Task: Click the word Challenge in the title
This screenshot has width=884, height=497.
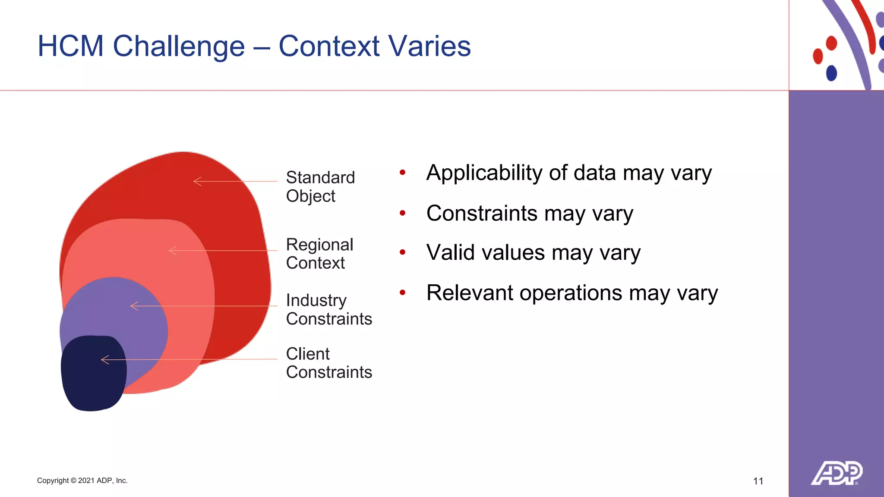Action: [178, 47]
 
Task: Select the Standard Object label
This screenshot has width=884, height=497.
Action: [320, 186]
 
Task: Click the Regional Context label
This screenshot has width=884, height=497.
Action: [319, 254]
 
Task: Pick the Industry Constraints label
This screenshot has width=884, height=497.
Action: [328, 309]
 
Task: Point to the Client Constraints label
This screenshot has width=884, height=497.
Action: [328, 363]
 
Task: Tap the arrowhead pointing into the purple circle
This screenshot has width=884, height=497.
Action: [134, 306]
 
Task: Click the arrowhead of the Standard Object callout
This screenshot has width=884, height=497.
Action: [197, 181]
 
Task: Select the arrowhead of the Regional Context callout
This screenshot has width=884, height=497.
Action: [173, 250]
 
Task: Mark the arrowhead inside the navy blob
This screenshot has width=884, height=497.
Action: [105, 359]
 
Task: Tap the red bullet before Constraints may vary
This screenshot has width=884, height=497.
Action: [402, 213]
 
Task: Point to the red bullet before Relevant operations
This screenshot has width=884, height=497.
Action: [402, 293]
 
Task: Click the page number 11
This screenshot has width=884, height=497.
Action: [758, 481]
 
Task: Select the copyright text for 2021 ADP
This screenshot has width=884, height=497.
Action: [82, 481]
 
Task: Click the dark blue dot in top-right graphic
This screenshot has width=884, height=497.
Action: [831, 73]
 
